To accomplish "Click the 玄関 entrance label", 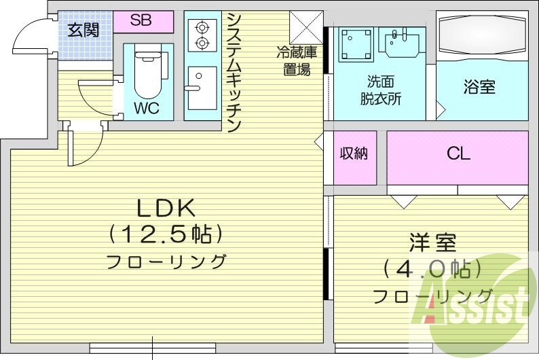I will tap(83, 30).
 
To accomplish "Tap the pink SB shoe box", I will tap(141, 20).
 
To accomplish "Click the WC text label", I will tap(147, 109).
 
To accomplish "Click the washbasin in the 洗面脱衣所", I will tap(401, 41).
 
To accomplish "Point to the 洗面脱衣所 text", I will tap(380, 90).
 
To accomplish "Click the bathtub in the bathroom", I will tap(481, 34).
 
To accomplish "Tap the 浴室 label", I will tap(479, 87).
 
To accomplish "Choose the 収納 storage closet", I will tap(354, 155).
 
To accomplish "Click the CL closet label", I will tap(458, 154).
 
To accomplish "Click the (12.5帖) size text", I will tap(166, 235).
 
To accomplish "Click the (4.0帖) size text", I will tap(432, 270).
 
